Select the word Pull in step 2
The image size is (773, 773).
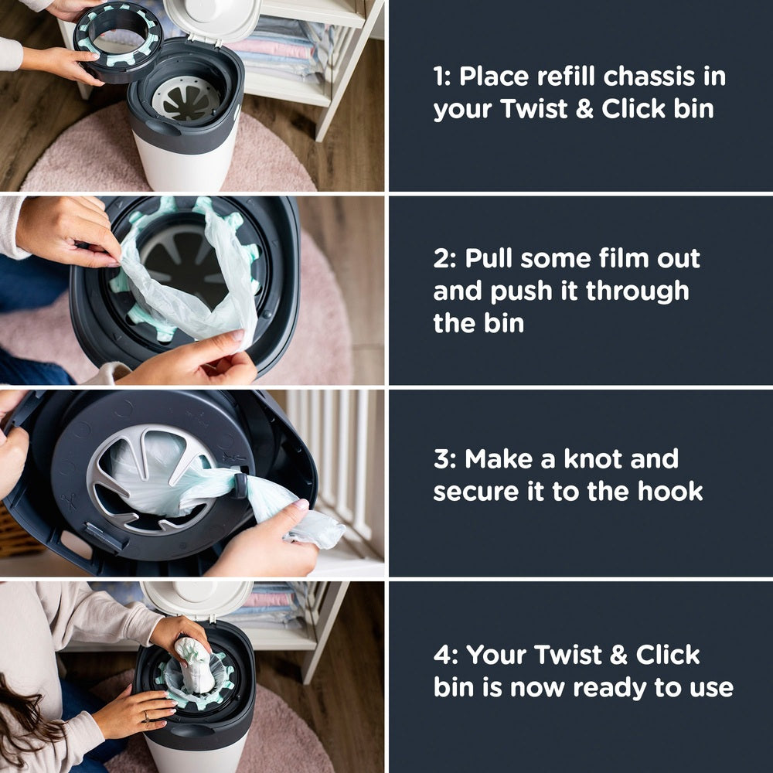pos(489,259)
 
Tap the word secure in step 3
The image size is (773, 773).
pos(478,491)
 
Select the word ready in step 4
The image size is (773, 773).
pos(579,686)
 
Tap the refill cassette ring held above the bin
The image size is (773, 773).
pos(118,39)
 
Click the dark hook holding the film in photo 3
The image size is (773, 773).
pos(240,484)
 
